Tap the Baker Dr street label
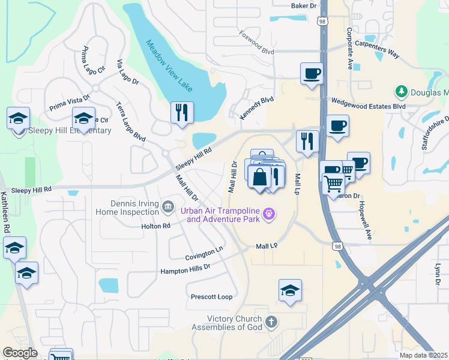[x=303, y=5]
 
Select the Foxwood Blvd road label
[x=256, y=43]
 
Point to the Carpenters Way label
[x=377, y=49]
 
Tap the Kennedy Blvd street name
[x=256, y=109]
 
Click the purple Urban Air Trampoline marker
[x=270, y=213]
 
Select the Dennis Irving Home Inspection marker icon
[x=167, y=208]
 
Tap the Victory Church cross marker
[x=271, y=322]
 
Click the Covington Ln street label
[x=204, y=253]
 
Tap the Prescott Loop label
[x=211, y=297]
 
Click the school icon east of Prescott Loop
[x=290, y=290]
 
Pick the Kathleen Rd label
[x=5, y=212]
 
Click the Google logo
[x=20, y=353]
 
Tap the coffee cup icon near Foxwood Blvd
[x=312, y=74]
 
